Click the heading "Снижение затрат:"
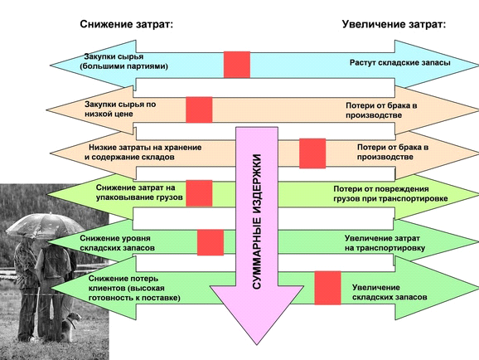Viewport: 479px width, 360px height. pos(127,24)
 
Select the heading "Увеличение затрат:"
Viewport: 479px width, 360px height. pos(394,24)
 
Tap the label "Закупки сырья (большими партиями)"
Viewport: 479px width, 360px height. pos(124,61)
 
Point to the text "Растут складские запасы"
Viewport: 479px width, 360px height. pos(400,63)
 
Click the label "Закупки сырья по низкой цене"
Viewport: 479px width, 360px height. pos(120,109)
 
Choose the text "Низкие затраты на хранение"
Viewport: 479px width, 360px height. pos(145,148)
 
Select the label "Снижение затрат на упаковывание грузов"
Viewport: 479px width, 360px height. pos(139,192)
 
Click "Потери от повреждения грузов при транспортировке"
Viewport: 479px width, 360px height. pos(390,193)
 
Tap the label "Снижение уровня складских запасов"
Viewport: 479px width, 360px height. pos(118,243)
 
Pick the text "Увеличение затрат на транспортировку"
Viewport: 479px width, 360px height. pos(385,243)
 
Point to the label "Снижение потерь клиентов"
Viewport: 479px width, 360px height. pos(127,283)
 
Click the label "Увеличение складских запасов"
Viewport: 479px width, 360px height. pos(389,293)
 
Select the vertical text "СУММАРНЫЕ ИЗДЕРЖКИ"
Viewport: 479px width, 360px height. pos(257,221)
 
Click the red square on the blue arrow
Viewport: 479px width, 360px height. pos(237,65)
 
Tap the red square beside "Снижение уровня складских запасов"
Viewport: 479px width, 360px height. pos(210,242)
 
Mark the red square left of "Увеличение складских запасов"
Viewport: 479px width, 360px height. pos(327,288)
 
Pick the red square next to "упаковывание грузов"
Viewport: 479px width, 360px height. pos(199,193)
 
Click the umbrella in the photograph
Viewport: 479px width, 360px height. pos(45,226)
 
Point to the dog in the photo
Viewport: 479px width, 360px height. pos(71,327)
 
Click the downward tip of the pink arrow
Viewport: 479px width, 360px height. pos(257,345)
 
